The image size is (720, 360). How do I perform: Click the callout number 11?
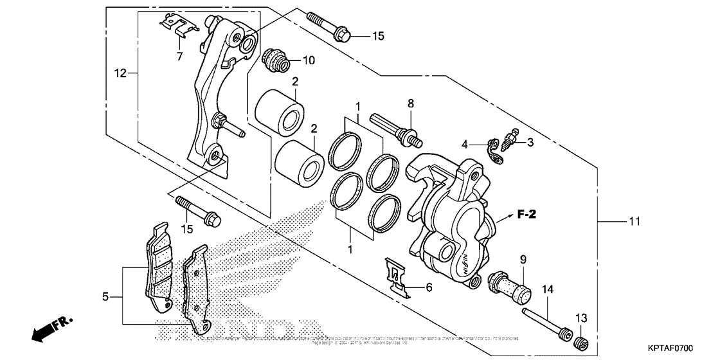[x=634, y=222]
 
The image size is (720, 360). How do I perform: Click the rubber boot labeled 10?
[x=278, y=60]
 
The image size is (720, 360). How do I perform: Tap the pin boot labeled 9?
[x=511, y=289]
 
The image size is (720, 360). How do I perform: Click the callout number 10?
[x=309, y=61]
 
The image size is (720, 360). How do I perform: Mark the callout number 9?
[x=523, y=260]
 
